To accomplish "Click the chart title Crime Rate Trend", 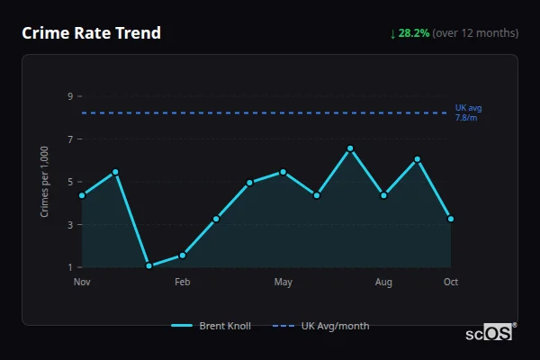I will click(x=91, y=33).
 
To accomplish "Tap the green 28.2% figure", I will click(x=415, y=33).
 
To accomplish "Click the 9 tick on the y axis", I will click(x=69, y=96).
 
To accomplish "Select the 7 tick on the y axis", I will click(x=69, y=139).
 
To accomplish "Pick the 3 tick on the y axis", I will click(x=69, y=225).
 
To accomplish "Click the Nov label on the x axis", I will click(x=82, y=283).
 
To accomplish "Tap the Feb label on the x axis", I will click(x=183, y=283).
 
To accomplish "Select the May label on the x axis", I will click(x=283, y=283).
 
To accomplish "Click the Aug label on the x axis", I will click(x=384, y=283).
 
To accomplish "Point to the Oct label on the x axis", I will click(x=451, y=283).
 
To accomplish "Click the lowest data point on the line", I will click(x=148, y=265).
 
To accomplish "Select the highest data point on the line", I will click(x=350, y=148).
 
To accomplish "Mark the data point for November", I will click(x=82, y=195).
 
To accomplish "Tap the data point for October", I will click(x=451, y=219).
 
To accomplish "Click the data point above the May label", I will click(x=283, y=172).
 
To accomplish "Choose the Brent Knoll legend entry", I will click(x=212, y=326).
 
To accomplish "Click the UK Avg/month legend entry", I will click(x=323, y=326).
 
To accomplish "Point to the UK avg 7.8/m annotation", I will click(x=467, y=112).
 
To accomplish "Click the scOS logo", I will click(x=490, y=332).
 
